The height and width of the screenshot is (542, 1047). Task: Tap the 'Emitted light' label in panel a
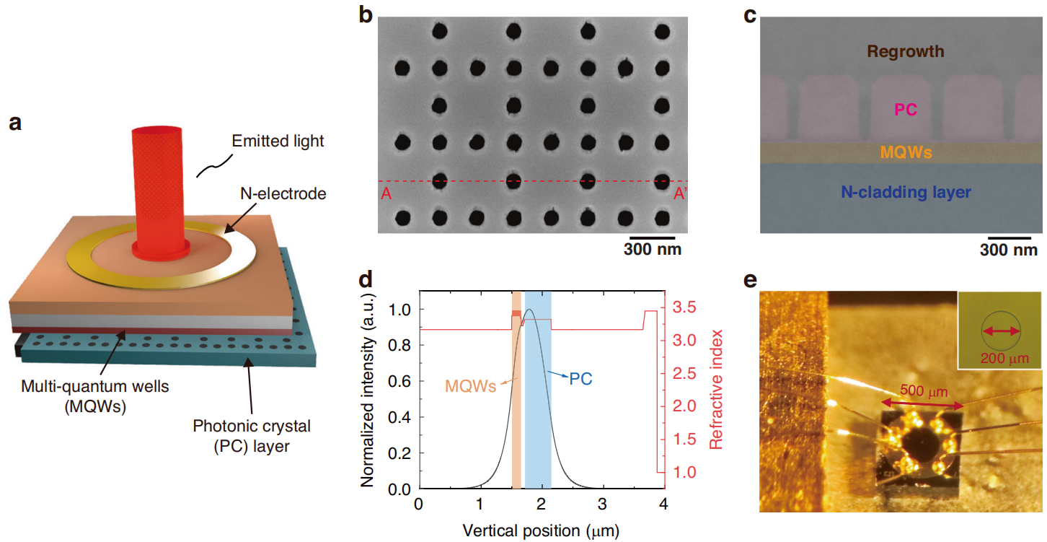point(278,141)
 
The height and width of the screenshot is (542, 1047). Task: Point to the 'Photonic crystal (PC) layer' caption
point(252,436)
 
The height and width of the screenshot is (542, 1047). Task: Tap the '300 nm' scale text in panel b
point(652,250)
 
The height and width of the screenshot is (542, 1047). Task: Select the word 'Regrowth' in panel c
point(905,51)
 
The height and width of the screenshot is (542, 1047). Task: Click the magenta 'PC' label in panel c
point(905,110)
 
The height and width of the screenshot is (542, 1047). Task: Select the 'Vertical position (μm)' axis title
point(540,530)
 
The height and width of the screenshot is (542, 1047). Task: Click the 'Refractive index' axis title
point(716,390)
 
